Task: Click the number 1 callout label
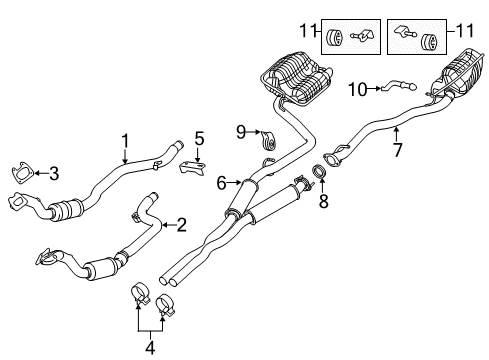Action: (x=125, y=140)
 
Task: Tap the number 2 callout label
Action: (x=181, y=226)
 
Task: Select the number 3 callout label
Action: (x=53, y=174)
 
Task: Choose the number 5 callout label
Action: (x=199, y=139)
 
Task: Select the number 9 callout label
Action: (x=241, y=130)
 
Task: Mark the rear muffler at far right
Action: (x=455, y=78)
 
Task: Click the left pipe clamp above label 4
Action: (x=141, y=296)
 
